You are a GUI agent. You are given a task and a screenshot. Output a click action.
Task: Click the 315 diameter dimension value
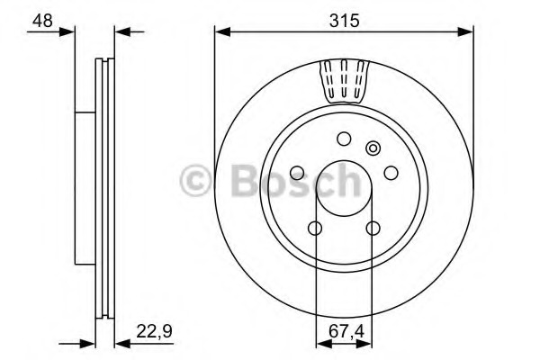(344, 21)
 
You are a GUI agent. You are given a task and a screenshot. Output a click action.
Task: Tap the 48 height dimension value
(42, 21)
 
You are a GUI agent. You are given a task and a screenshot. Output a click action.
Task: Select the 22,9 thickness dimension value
(154, 332)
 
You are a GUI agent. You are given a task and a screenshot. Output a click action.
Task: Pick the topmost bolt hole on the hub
(344, 139)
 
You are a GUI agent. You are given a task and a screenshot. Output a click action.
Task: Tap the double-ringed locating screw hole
(373, 148)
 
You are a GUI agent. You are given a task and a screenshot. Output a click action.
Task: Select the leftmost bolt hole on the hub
(297, 173)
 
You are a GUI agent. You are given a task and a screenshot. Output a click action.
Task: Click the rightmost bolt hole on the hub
(391, 173)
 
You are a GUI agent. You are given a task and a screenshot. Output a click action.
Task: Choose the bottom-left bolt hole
(315, 228)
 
